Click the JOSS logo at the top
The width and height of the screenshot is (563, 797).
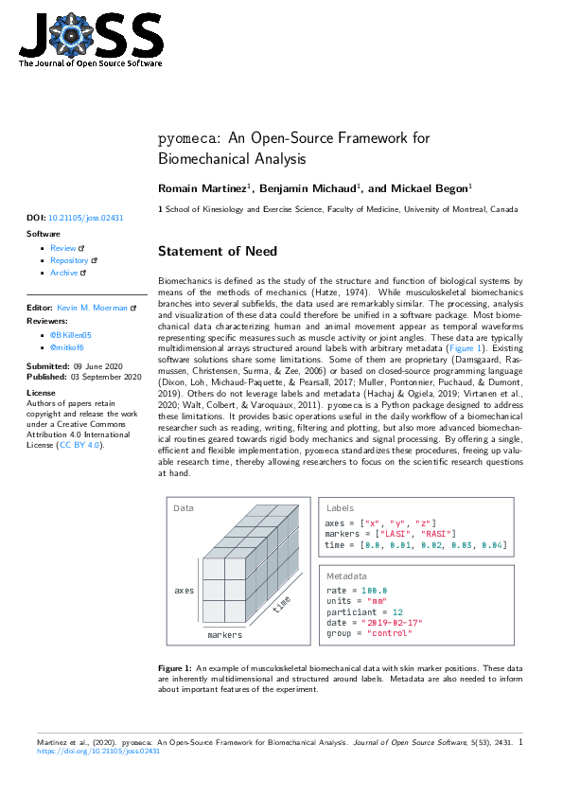(x=91, y=41)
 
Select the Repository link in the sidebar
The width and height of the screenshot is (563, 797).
(x=69, y=260)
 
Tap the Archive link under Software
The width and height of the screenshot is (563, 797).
(x=64, y=273)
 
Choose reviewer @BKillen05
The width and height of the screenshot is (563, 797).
(x=71, y=335)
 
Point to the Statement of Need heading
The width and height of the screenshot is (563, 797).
(x=218, y=252)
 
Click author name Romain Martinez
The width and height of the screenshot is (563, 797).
(x=202, y=189)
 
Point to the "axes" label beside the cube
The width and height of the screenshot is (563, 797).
(x=184, y=591)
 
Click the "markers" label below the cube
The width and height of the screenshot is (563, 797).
(x=225, y=635)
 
